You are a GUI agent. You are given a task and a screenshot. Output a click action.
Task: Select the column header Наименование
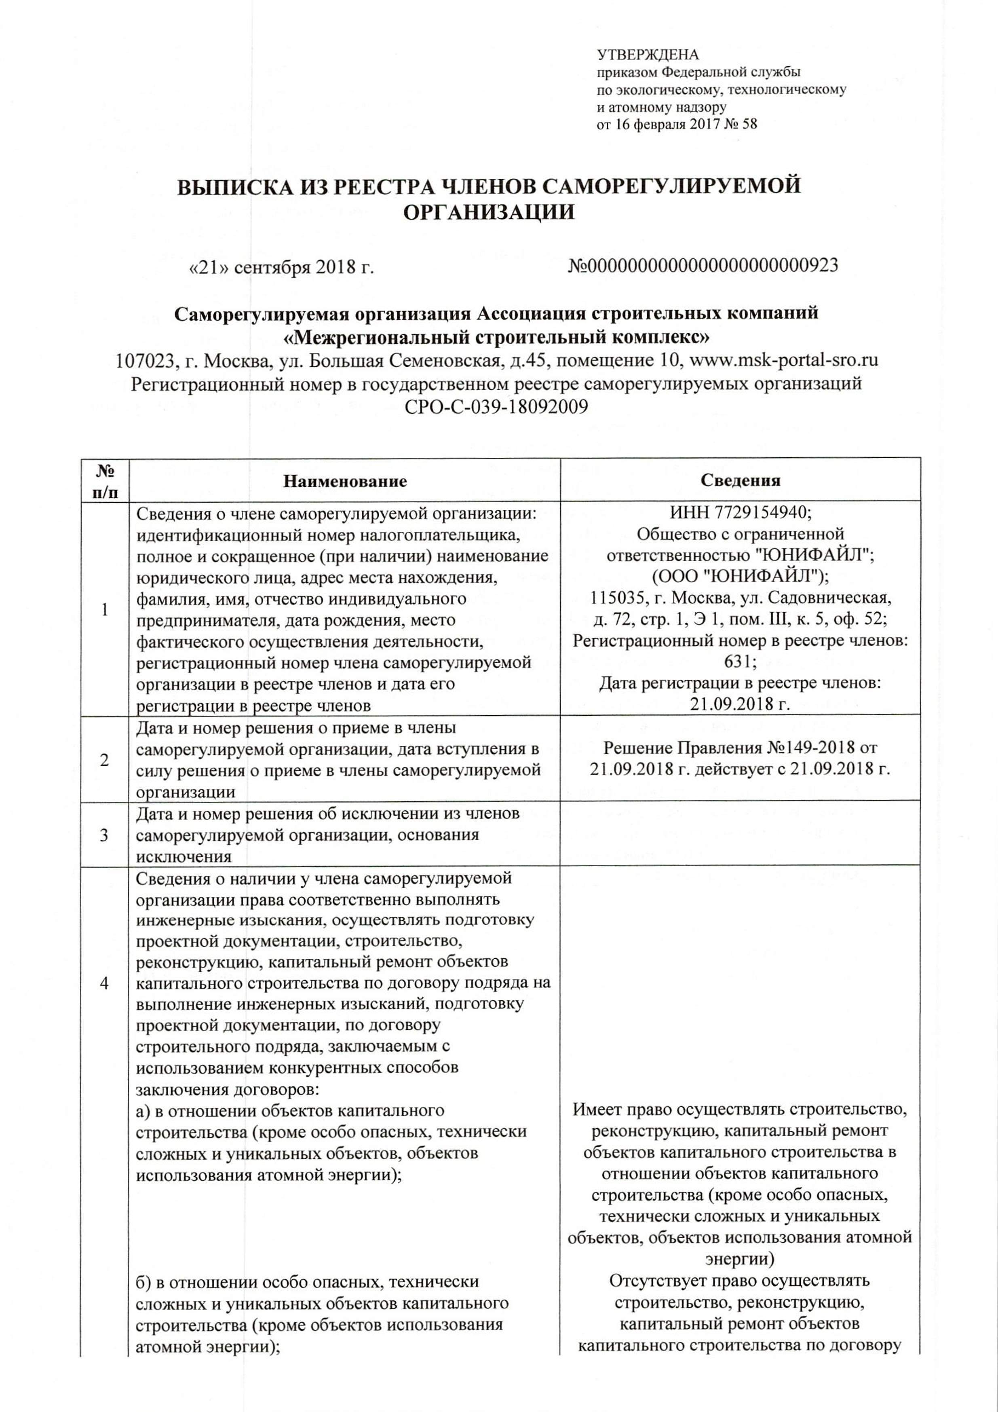(x=345, y=481)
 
